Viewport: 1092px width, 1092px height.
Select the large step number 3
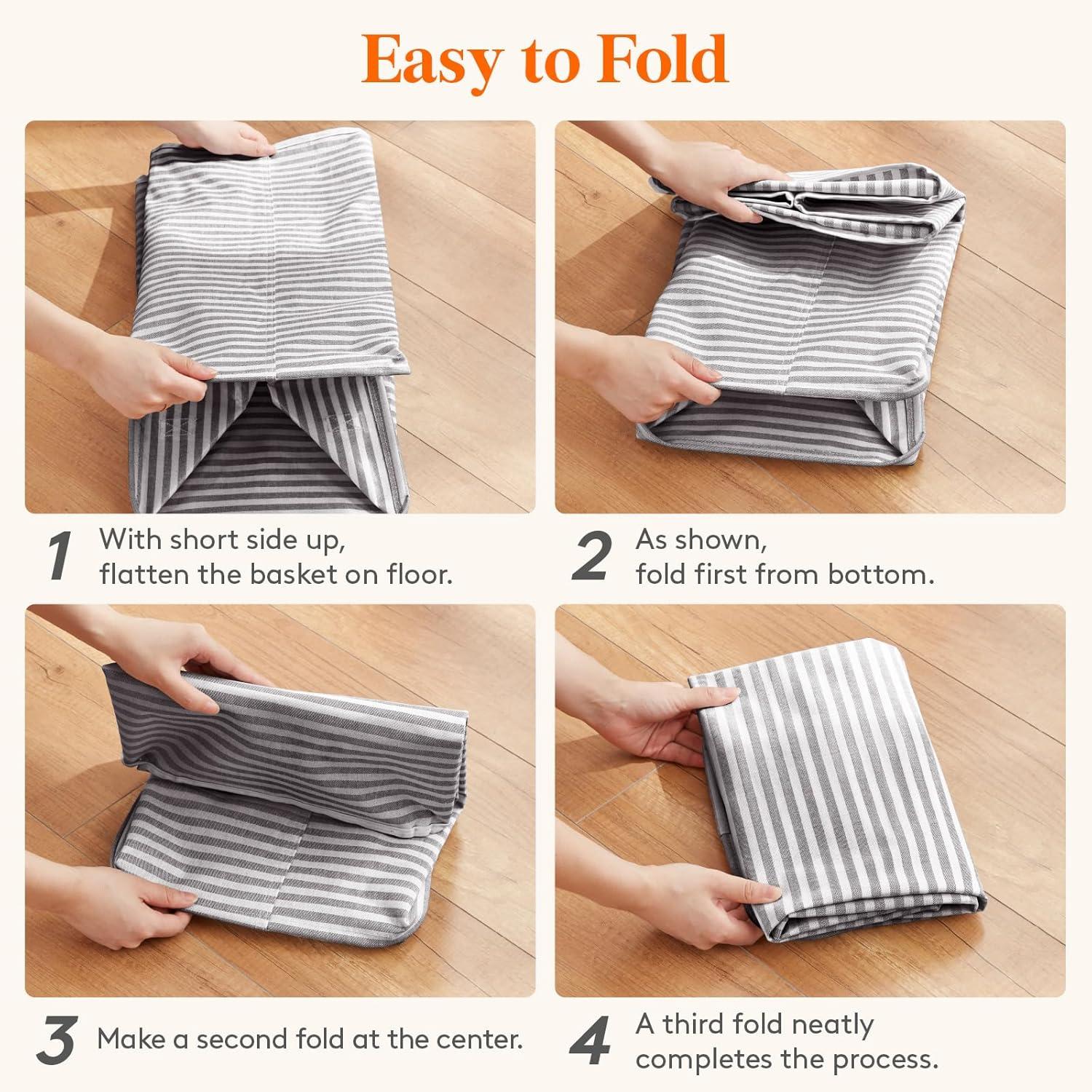(56, 1042)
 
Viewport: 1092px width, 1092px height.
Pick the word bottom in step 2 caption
(886, 574)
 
